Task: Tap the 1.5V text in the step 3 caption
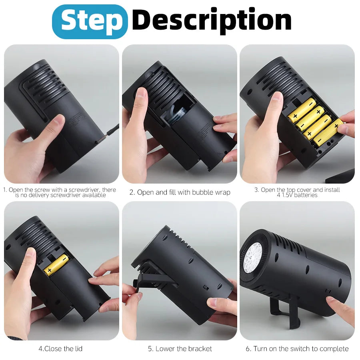287,195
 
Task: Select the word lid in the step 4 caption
78,349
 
